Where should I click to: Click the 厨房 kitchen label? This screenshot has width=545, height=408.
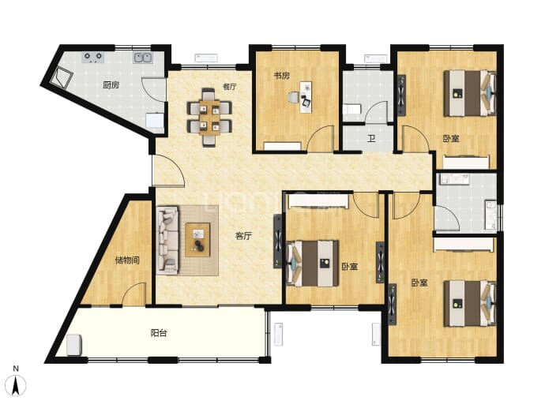click(x=111, y=85)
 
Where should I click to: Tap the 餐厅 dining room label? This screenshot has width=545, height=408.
click(x=230, y=87)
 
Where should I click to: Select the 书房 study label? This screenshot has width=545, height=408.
click(x=281, y=76)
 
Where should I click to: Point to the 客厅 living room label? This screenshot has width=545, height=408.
click(x=243, y=236)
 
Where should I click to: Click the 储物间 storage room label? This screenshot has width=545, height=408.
click(x=127, y=260)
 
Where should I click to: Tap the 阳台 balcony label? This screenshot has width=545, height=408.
click(x=159, y=333)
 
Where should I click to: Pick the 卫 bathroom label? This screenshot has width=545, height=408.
click(x=371, y=139)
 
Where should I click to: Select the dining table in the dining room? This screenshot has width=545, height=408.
click(x=209, y=116)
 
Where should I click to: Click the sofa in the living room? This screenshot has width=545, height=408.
click(x=167, y=240)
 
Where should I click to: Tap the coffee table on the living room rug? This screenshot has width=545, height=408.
click(x=197, y=240)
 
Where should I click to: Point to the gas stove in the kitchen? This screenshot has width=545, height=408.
click(x=93, y=58)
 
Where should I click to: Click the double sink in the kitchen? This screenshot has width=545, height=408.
click(x=142, y=58)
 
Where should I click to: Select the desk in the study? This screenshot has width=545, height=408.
click(x=306, y=97)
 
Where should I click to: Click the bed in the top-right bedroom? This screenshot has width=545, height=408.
click(x=470, y=93)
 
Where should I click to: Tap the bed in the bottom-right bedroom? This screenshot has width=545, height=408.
click(x=470, y=303)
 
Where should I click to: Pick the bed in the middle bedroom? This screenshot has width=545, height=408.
click(x=313, y=264)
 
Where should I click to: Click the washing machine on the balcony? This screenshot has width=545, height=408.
click(x=74, y=345)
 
